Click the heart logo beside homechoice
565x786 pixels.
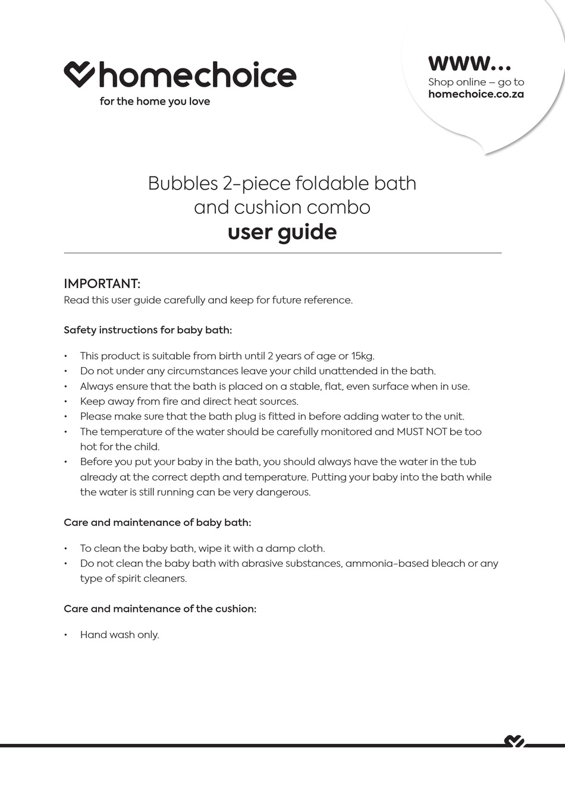[x=79, y=74]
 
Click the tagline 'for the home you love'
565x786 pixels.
[x=155, y=102]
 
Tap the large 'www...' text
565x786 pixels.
[x=469, y=62]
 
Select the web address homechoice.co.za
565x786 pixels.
[x=476, y=94]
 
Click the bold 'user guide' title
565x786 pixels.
[x=282, y=232]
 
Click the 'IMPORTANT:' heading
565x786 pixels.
[x=102, y=283]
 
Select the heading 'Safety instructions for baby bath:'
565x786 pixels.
[x=147, y=330]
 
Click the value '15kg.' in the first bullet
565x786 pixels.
[x=363, y=356]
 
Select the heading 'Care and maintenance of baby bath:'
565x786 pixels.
[x=157, y=523]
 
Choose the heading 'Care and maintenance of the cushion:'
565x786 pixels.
[x=160, y=609]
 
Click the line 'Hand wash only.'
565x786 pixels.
[x=120, y=635]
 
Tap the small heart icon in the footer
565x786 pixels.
[x=514, y=741]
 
